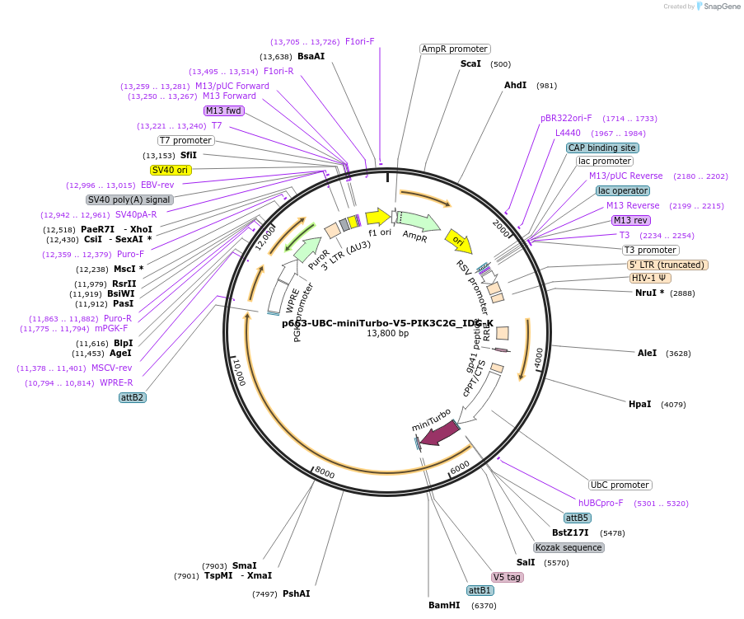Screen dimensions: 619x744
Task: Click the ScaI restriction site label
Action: coord(471,63)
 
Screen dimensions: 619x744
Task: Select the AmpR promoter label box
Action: coord(455,49)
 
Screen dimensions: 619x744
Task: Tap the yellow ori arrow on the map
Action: coord(459,242)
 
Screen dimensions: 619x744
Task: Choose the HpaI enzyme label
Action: coord(639,404)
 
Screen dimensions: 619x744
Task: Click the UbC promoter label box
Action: coord(620,485)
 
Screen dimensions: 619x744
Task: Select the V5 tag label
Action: coord(507,577)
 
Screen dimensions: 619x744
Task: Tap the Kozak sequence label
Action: coord(569,547)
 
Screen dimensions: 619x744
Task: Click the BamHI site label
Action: coord(442,605)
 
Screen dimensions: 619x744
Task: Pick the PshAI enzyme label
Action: coord(296,593)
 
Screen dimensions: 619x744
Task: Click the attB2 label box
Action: coord(132,397)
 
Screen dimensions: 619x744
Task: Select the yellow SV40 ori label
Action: coord(171,170)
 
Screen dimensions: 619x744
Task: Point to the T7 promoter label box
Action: coord(185,140)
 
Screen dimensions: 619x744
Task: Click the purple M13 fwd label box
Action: coord(224,110)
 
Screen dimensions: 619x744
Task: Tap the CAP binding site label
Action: coord(602,148)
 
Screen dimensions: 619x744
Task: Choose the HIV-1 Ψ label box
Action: coord(650,278)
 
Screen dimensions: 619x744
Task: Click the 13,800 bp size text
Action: coord(387,333)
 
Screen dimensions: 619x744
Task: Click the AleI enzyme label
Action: coord(647,353)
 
